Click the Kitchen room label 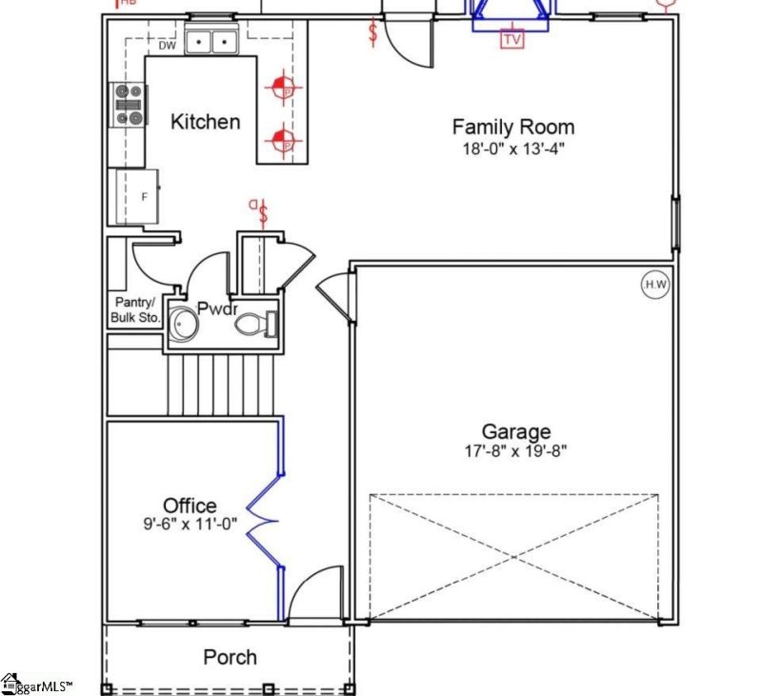[205, 122]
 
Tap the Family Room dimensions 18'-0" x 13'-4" [512, 149]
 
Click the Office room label [190, 506]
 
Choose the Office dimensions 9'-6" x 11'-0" [190, 524]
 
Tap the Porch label [230, 657]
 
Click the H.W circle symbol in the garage [655, 284]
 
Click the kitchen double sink [211, 42]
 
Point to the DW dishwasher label [167, 45]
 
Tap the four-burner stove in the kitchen [129, 104]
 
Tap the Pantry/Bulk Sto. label [133, 309]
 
